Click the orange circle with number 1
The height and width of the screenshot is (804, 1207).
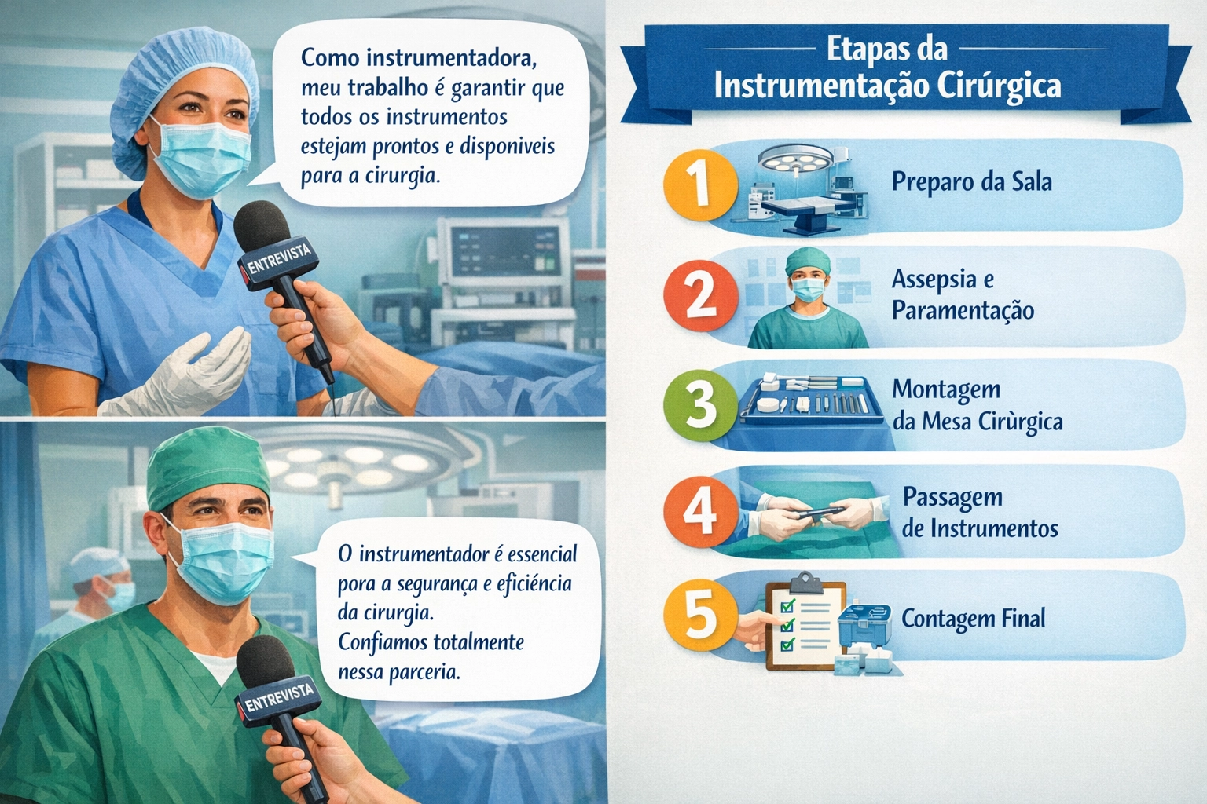tap(700, 185)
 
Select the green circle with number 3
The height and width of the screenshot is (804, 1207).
tap(700, 406)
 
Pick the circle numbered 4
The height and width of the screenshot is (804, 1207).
tap(700, 511)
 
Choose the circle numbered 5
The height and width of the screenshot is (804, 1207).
tap(700, 617)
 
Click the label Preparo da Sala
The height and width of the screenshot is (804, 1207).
tap(971, 182)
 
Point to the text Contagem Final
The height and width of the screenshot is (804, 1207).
tap(973, 619)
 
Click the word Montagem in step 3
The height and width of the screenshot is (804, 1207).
tap(946, 390)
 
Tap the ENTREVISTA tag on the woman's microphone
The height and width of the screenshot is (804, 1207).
tap(279, 258)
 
